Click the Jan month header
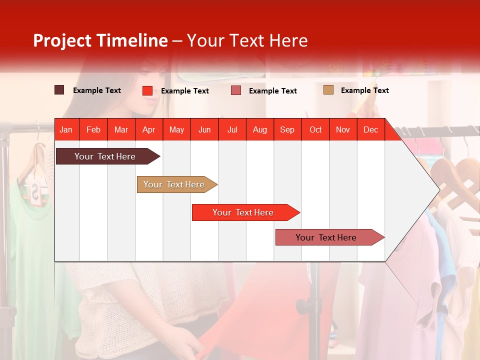tap(66, 129)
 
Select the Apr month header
tap(148, 129)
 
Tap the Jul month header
tap(232, 129)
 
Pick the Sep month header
tap(287, 129)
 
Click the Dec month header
tap(370, 129)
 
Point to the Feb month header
tap(93, 129)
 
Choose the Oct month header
tap(315, 129)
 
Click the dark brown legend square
tap(59, 90)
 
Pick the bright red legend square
tap(147, 90)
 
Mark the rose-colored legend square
tap(236, 90)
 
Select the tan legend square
tap(328, 90)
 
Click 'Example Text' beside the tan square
tap(364, 90)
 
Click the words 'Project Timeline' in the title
tap(100, 40)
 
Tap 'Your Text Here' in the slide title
tap(247, 40)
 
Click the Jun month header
tap(204, 129)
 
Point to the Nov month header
tap(343, 129)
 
